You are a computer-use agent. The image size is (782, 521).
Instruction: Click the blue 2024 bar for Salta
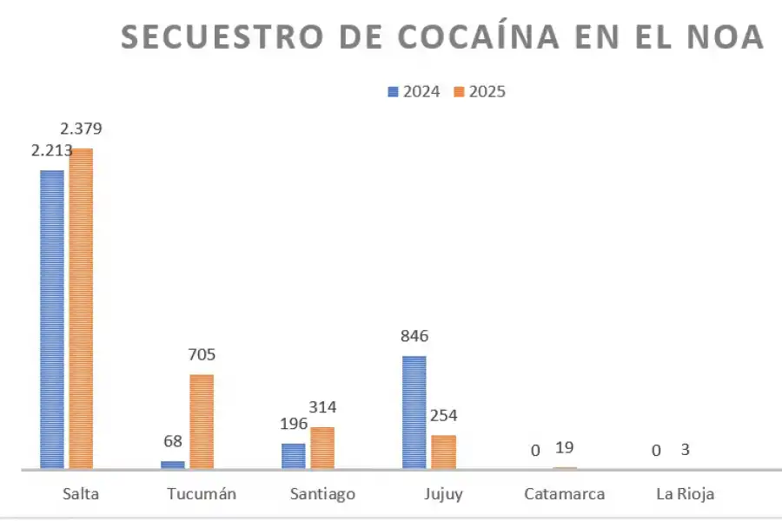pyautogui.click(x=52, y=319)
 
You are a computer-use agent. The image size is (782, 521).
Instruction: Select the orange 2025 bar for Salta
pyautogui.click(x=81, y=308)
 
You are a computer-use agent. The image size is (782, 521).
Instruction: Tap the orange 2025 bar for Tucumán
pyautogui.click(x=202, y=421)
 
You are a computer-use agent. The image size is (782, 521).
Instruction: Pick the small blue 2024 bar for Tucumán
pyautogui.click(x=173, y=465)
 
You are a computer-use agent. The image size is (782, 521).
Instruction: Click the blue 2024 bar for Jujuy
pyautogui.click(x=414, y=412)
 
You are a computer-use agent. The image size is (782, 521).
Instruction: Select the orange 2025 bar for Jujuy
pyautogui.click(x=443, y=452)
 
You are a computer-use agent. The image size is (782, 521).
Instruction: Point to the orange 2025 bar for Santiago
pyautogui.click(x=322, y=447)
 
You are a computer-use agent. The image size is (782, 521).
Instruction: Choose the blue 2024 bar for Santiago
pyautogui.click(x=294, y=456)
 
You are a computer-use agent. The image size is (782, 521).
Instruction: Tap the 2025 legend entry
pyautogui.click(x=480, y=91)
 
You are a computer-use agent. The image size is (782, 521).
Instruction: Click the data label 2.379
pyautogui.click(x=81, y=129)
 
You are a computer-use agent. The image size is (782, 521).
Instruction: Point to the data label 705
pyautogui.click(x=202, y=354)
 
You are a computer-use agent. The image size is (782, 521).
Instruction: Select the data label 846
pyautogui.click(x=414, y=336)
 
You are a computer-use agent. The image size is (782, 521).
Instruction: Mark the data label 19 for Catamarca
pyautogui.click(x=564, y=448)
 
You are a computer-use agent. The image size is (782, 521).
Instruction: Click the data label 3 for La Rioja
pyautogui.click(x=686, y=449)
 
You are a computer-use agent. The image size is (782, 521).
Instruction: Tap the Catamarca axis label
pyautogui.click(x=565, y=494)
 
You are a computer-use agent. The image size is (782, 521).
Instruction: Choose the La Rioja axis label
pyautogui.click(x=685, y=494)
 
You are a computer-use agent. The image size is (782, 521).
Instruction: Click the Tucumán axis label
pyautogui.click(x=202, y=494)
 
